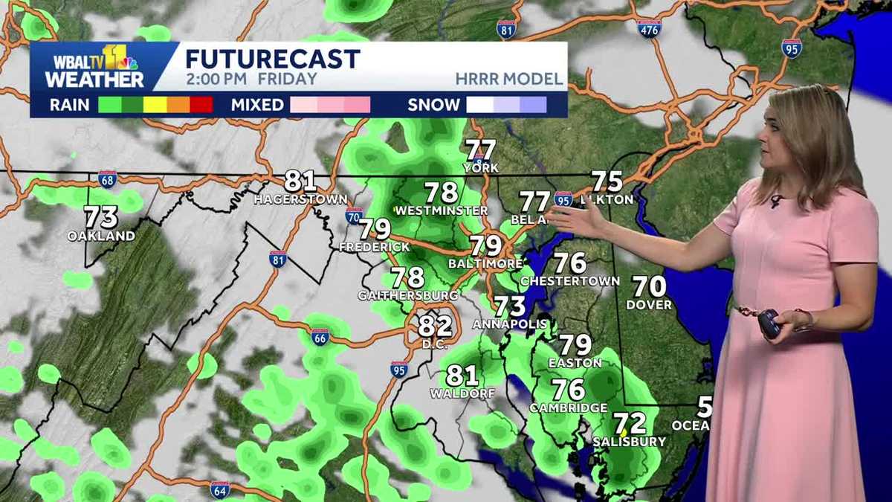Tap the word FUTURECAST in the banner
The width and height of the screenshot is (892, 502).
click(x=273, y=59)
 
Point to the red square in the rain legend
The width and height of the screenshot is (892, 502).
click(x=201, y=105)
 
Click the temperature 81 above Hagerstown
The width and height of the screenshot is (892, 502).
click(x=300, y=181)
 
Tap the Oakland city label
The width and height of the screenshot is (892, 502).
click(x=101, y=236)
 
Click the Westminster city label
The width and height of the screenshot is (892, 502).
click(x=442, y=211)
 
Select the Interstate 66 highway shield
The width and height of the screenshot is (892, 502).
click(x=320, y=337)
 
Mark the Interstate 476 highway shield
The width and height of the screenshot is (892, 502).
click(x=649, y=28)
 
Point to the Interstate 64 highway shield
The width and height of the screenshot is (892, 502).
click(x=219, y=489)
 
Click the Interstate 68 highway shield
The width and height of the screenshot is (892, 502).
click(x=107, y=179)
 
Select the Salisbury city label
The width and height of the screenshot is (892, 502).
click(x=629, y=442)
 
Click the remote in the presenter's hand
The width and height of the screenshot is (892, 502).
click(x=769, y=324)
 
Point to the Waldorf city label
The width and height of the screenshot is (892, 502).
click(x=462, y=393)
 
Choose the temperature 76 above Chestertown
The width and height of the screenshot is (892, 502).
click(x=570, y=263)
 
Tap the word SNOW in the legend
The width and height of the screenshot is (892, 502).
click(x=433, y=105)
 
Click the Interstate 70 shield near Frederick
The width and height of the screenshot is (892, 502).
click(x=354, y=216)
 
